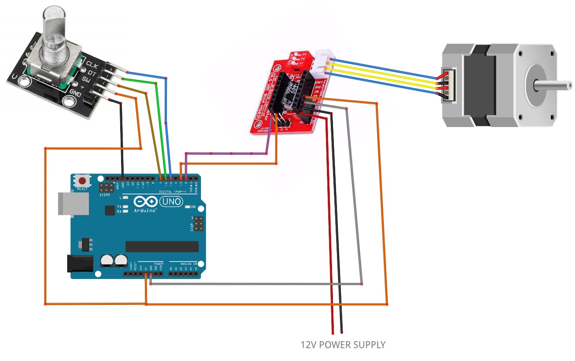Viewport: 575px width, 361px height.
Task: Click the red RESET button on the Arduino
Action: coord(82,181)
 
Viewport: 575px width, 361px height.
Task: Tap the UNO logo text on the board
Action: coord(172,202)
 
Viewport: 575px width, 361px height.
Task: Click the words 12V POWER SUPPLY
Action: coord(343,345)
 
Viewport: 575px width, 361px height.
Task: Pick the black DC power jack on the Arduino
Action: coord(80,264)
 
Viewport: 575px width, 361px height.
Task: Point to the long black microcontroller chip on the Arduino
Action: coord(162,247)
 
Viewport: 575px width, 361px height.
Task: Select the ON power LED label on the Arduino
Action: coord(194,207)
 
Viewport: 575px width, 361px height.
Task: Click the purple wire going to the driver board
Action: coord(225,154)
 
